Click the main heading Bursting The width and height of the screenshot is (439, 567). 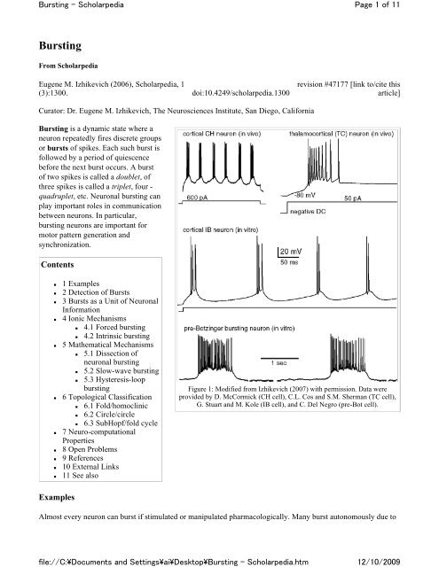[x=60, y=46]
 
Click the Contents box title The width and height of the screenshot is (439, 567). [x=57, y=265]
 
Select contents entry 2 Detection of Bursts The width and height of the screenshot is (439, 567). [x=96, y=292]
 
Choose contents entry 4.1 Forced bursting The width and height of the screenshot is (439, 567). [x=114, y=327]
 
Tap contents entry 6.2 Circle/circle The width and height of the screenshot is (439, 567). [x=109, y=415]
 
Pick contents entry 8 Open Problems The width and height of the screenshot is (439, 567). [x=90, y=449]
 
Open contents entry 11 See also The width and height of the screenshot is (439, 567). [x=80, y=476]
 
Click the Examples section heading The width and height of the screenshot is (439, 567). [x=57, y=497]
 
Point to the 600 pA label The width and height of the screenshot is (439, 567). [x=197, y=198]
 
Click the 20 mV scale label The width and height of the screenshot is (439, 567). [x=291, y=252]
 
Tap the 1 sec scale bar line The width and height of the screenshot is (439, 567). [x=279, y=358]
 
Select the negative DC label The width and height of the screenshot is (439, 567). [x=308, y=212]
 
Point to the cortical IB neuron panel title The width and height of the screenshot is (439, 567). [x=221, y=230]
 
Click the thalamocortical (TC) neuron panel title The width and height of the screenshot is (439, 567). [x=341, y=134]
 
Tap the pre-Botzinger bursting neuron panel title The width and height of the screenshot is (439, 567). [x=239, y=329]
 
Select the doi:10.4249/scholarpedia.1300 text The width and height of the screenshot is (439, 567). [x=240, y=93]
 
